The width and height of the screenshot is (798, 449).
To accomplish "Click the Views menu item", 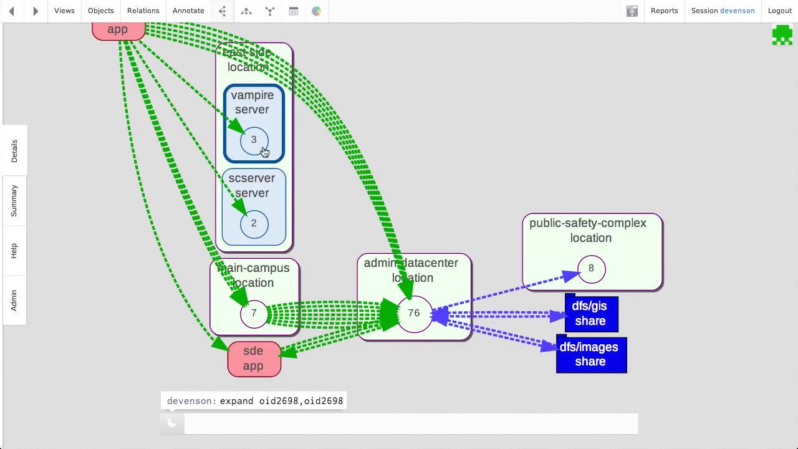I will (64, 11).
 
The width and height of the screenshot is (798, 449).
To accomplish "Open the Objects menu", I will (101, 11).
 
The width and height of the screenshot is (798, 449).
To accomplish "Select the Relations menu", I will (143, 11).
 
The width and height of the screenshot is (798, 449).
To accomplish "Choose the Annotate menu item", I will (188, 11).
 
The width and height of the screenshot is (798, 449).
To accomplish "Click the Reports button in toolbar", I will (664, 11).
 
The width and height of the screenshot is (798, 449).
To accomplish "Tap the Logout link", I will (779, 11).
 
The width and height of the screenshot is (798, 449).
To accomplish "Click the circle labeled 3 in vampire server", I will (254, 140).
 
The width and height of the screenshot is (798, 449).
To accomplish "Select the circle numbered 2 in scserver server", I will (254, 223).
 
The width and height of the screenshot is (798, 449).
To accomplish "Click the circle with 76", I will (414, 313).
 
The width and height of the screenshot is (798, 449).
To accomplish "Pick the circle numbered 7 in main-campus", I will (254, 314).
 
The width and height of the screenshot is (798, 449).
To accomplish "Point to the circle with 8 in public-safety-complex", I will (591, 269).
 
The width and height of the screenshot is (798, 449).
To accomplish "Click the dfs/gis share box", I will (590, 314).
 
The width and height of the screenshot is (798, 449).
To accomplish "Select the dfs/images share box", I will (590, 354).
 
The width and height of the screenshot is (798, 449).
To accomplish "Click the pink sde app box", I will (254, 359).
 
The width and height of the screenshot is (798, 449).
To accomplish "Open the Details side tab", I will (14, 151).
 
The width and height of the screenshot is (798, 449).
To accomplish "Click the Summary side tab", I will (14, 201).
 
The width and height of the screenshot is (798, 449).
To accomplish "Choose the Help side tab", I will (14, 251).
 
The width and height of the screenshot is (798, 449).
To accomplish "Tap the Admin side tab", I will (14, 300).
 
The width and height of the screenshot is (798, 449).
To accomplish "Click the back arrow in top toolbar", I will (11, 11).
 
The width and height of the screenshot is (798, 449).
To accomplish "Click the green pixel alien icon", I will (782, 35).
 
